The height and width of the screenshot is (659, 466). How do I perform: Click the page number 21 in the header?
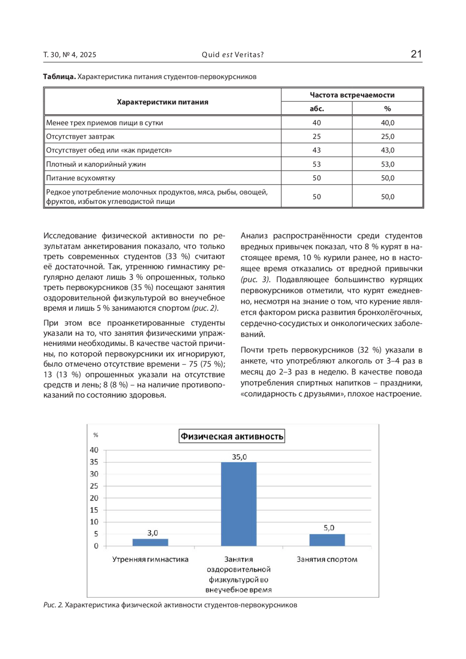416,54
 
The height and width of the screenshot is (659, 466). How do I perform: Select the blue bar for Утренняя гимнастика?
150,542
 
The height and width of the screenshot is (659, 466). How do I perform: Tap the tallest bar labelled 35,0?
239,504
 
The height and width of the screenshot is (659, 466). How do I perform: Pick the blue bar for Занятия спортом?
327,540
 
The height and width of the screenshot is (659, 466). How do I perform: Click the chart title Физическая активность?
232,436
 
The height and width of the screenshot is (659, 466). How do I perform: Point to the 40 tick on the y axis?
94,450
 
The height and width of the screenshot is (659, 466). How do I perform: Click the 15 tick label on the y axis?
94,510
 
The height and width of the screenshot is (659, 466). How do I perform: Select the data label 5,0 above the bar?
329,528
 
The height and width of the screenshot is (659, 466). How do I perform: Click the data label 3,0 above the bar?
153,533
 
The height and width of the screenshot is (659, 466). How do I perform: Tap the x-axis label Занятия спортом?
327,559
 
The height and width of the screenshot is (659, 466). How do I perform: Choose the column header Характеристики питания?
162,102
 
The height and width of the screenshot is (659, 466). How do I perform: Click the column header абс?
316,109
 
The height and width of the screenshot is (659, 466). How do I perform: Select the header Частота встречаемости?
352,95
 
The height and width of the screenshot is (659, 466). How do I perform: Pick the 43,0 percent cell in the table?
387,150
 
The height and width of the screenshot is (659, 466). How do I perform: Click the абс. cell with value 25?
316,136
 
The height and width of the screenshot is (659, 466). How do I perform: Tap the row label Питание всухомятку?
81,178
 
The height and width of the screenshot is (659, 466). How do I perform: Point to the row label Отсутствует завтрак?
80,136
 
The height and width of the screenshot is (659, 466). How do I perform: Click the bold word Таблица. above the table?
59,77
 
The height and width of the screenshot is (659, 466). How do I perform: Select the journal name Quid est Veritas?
233,55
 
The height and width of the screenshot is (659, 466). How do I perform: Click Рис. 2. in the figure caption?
53,605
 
